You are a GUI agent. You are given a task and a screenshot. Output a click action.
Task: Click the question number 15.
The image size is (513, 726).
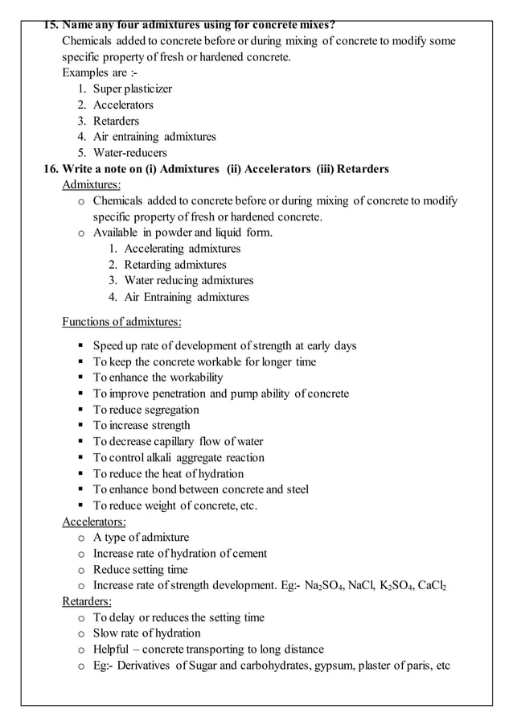pyautogui.click(x=51, y=25)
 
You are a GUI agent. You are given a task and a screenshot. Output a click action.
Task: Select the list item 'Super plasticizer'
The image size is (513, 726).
pyautogui.click(x=132, y=89)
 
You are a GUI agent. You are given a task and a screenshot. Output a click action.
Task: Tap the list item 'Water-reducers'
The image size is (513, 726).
pyautogui.click(x=129, y=153)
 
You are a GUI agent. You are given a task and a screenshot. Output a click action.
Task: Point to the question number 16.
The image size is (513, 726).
pyautogui.click(x=51, y=169)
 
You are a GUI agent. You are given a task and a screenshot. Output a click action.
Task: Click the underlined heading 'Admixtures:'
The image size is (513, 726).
pyautogui.click(x=92, y=185)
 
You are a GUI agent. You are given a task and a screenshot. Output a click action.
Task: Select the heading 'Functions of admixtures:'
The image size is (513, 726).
pyautogui.click(x=121, y=323)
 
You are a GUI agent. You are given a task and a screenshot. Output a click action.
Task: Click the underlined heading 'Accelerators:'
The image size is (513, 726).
pyautogui.click(x=94, y=522)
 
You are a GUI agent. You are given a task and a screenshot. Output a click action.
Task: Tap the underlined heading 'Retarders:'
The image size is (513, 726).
pyautogui.click(x=87, y=601)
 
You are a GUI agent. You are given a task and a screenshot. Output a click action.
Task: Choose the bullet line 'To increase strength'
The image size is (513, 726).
pyautogui.click(x=142, y=425)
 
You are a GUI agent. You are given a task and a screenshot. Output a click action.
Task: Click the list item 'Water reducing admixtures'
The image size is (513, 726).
pyautogui.click(x=188, y=281)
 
